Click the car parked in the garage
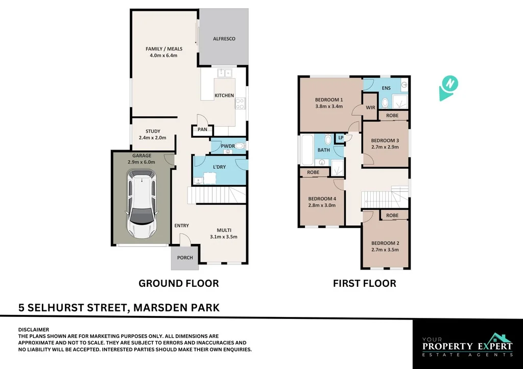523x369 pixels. coord(141,205)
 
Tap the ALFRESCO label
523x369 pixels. coord(224,39)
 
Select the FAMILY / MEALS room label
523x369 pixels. coord(164,49)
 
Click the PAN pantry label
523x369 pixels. coord(203,130)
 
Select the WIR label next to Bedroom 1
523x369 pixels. coord(371,107)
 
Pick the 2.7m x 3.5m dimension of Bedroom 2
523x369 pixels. coord(385,250)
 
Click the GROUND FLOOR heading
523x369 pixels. coord(179,283)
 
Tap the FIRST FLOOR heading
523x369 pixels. coord(364,283)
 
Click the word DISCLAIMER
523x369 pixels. coord(34,330)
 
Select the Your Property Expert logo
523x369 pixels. coord(467,345)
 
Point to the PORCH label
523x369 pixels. coord(185,258)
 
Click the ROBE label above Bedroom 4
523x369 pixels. coord(314,173)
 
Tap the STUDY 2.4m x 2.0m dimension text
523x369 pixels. coord(153,138)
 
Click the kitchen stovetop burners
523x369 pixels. coord(240,104)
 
